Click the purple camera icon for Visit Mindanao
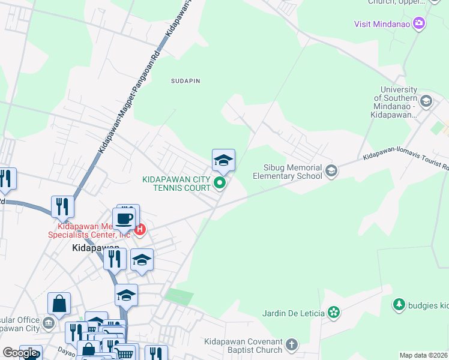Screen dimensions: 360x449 point(419,24)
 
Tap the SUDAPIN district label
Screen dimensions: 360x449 point(185,80)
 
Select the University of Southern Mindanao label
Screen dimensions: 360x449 point(394,102)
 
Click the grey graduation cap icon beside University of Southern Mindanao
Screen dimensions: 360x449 point(427,101)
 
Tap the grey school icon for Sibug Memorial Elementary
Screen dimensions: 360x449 point(331,172)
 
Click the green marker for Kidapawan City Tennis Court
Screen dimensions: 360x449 point(220,184)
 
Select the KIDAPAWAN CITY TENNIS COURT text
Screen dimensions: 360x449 point(176,184)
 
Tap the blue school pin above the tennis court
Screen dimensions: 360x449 point(223,160)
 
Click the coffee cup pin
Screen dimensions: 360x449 point(125,218)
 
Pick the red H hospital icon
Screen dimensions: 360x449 point(140,229)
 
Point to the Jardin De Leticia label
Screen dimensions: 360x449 point(294,313)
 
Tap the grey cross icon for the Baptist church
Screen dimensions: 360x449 point(292,345)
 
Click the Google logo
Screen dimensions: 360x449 point(20,353)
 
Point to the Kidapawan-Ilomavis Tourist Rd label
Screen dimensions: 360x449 point(405,160)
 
